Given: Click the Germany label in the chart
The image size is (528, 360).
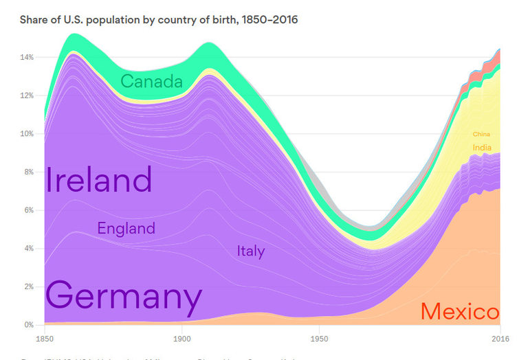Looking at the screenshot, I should pyautogui.click(x=124, y=297).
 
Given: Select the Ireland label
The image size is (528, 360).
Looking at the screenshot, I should pyautogui.click(x=98, y=180).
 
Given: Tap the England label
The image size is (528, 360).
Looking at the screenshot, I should pyautogui.click(x=126, y=228).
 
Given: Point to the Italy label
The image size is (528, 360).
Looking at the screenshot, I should pyautogui.click(x=250, y=251).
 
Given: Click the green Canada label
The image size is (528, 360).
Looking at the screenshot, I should pyautogui.click(x=151, y=82).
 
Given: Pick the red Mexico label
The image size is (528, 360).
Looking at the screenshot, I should pyautogui.click(x=459, y=312).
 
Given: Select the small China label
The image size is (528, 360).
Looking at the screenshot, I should pyautogui.click(x=481, y=135).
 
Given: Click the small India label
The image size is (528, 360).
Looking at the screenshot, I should pyautogui.click(x=481, y=148).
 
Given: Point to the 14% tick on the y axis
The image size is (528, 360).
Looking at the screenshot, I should pyautogui.click(x=26, y=57).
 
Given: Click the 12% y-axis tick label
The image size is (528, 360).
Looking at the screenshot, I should pyautogui.click(x=26, y=95).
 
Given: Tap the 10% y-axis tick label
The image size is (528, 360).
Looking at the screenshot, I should pyautogui.click(x=26, y=134).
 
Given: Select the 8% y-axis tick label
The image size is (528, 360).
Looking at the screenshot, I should pyautogui.click(x=28, y=172).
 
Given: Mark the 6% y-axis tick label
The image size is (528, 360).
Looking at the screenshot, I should pyautogui.click(x=28, y=210).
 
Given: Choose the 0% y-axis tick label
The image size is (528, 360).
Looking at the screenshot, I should pyautogui.click(x=28, y=324).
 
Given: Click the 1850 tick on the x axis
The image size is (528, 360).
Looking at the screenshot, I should pyautogui.click(x=44, y=339).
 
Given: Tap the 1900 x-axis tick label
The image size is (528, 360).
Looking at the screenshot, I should pyautogui.click(x=181, y=339).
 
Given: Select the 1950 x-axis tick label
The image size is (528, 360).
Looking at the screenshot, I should pyautogui.click(x=318, y=339).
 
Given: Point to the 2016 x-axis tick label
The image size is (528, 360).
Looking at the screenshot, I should pyautogui.click(x=499, y=339).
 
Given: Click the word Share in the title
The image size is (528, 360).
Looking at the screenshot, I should pyautogui.click(x=35, y=19).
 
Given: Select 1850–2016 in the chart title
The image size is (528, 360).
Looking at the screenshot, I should pyautogui.click(x=266, y=19).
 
